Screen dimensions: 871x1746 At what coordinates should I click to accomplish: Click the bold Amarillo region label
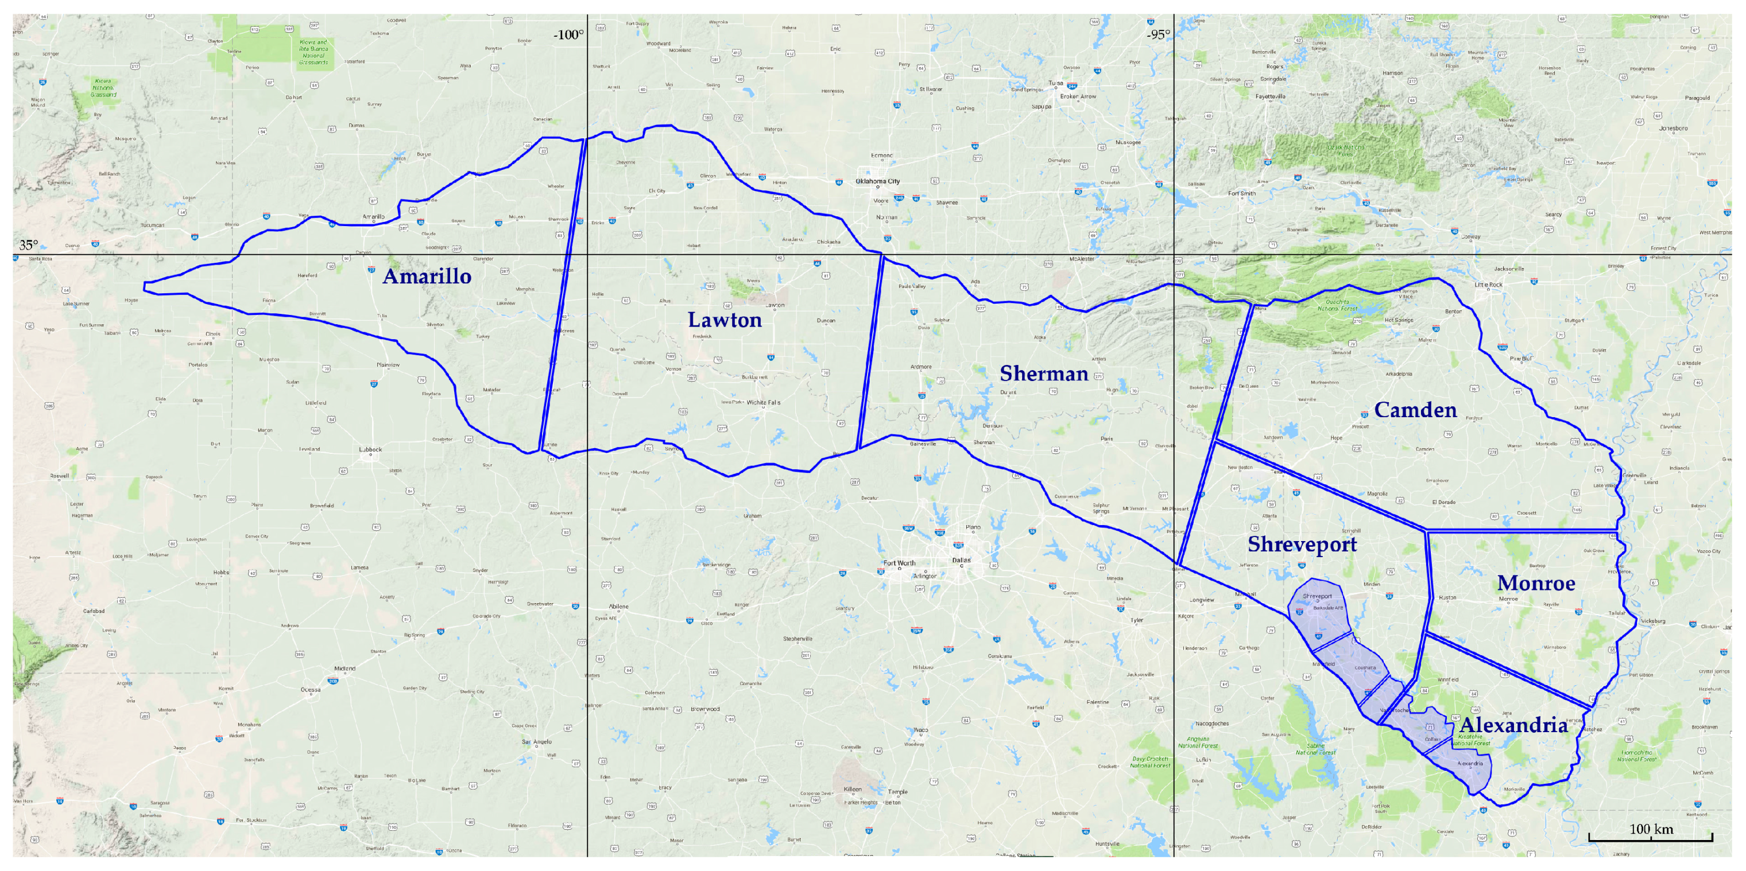click(427, 277)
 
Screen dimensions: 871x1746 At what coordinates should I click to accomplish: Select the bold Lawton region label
click(725, 320)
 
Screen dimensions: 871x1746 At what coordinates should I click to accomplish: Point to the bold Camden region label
click(1415, 410)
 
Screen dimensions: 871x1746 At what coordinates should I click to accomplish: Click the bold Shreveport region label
click(1302, 544)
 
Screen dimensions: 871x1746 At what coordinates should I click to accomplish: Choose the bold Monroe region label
click(1536, 582)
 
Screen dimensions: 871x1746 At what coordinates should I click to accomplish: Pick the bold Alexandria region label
click(1513, 725)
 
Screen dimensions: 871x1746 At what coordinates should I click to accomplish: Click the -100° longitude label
click(568, 35)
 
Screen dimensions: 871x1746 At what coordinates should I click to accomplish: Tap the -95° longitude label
click(1158, 35)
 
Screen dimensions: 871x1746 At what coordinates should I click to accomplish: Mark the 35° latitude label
click(29, 245)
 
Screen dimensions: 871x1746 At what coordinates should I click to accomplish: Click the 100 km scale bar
click(1651, 837)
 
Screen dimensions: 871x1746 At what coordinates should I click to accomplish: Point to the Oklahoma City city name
click(878, 181)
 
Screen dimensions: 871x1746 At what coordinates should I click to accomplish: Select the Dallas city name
click(961, 560)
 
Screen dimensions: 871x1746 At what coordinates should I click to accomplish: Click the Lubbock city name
click(371, 449)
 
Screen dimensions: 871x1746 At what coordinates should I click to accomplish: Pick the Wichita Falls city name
click(763, 402)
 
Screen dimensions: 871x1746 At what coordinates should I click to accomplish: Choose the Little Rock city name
click(1488, 285)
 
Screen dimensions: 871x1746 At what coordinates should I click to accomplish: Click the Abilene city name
click(618, 607)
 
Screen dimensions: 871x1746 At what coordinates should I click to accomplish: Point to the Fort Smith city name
click(1242, 193)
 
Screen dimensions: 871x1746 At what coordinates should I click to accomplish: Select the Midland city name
click(344, 668)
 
